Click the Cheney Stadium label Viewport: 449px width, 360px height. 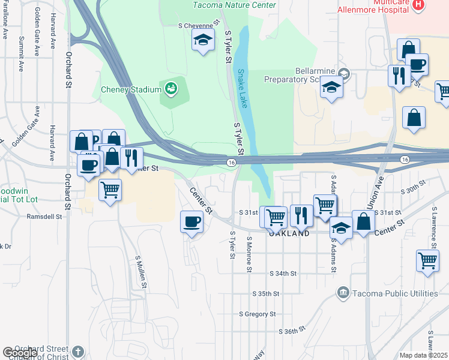(131, 90)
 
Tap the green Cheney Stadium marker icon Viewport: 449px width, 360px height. (171, 89)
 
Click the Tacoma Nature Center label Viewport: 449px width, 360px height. (235, 5)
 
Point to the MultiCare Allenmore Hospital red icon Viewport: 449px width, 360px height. (419, 5)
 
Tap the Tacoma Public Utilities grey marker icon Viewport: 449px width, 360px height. (343, 292)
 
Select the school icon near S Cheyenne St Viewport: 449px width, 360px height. (203, 41)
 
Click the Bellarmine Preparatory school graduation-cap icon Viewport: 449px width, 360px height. (331, 88)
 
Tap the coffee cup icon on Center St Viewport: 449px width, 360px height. (192, 222)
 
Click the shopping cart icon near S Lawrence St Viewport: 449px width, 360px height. (427, 261)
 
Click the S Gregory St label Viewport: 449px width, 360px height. (257, 314)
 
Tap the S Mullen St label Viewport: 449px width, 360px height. (141, 270)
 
